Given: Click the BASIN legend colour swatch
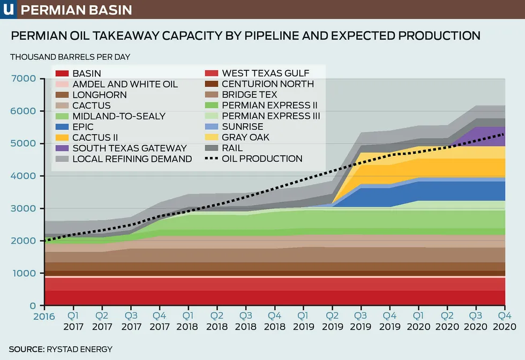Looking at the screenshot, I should [63, 73].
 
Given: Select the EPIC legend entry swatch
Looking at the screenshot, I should [63, 127].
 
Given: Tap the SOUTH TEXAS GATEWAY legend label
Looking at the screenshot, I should [130, 148].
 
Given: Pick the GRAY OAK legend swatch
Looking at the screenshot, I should [212, 137].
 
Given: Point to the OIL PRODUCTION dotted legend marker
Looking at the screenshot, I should [212, 159].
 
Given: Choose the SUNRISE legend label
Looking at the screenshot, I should [243, 126].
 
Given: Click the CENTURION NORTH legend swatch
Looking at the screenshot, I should [212, 84].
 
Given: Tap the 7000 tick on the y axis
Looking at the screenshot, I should [23, 79].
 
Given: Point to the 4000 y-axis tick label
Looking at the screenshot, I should [23, 176].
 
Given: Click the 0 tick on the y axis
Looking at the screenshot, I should [33, 306].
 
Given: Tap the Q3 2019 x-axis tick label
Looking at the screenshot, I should [360, 321].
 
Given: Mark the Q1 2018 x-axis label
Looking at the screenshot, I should [188, 321].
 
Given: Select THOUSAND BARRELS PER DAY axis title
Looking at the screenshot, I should [70, 56].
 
